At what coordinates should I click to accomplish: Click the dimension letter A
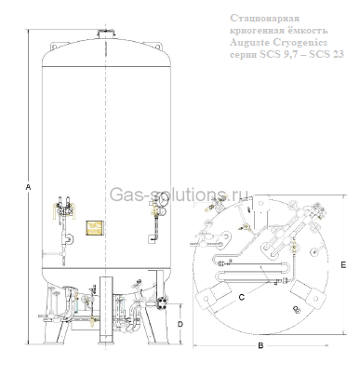29,187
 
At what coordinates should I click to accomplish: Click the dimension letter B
260,345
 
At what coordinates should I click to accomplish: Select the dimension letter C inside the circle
241,296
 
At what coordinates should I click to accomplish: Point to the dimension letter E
342,265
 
